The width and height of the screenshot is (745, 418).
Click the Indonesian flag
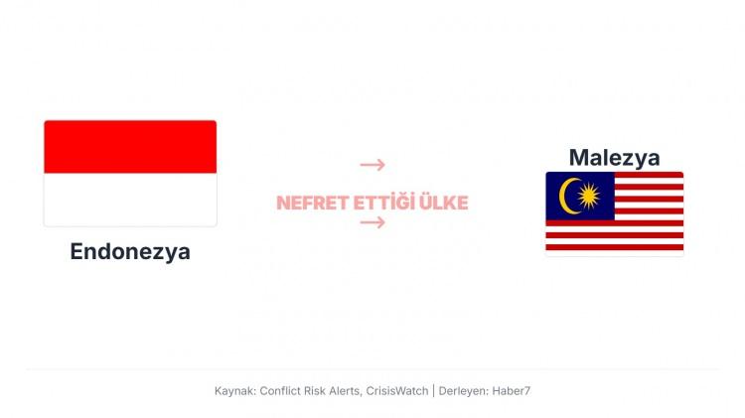pos(130,173)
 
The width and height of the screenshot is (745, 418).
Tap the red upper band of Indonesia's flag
pos(130,147)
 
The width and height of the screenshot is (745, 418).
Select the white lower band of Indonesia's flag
pos(130,200)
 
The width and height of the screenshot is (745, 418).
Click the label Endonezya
pos(130,251)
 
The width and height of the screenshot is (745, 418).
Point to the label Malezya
pos(614,157)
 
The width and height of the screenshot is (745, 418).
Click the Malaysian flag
pos(614,212)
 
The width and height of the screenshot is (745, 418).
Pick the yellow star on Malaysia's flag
pos(588,196)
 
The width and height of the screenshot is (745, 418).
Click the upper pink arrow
pos(372,165)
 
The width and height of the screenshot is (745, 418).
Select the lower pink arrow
pos(372,222)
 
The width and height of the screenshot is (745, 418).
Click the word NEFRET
pos(312,204)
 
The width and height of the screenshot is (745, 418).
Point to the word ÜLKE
pos(444,204)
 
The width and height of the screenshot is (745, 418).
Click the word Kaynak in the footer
pos(234,391)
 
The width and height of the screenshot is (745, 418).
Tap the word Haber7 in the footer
pos(511,391)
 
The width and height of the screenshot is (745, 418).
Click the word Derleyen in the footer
pos(463,391)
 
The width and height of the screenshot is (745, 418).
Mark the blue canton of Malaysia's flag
pos(580,196)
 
